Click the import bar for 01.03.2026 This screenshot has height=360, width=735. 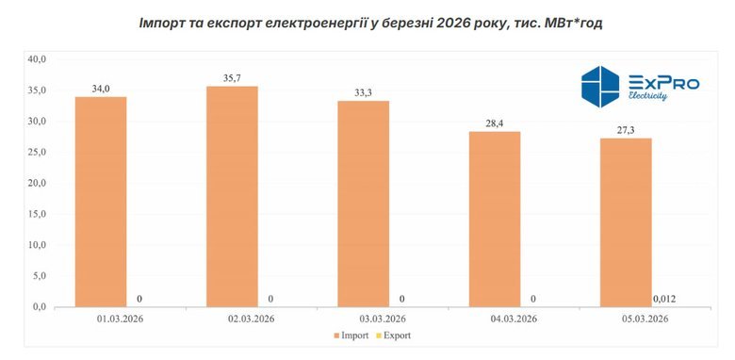tap(101, 202)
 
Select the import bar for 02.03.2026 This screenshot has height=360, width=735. tap(232, 196)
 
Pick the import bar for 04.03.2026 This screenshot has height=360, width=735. tap(494, 219)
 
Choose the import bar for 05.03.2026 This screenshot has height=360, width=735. tap(626, 222)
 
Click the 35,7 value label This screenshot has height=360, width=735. tap(232, 78)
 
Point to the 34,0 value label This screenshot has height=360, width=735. tap(101, 89)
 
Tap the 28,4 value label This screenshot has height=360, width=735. tap(494, 123)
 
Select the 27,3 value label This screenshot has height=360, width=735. tap(626, 130)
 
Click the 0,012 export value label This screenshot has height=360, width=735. tap(664, 299)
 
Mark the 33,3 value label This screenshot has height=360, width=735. tap(363, 92)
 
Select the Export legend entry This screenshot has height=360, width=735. tap(396, 335)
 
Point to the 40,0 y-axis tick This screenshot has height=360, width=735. tap(36, 59)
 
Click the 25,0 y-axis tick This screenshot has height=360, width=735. tap(36, 152)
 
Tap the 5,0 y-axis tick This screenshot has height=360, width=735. tap(36, 276)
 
